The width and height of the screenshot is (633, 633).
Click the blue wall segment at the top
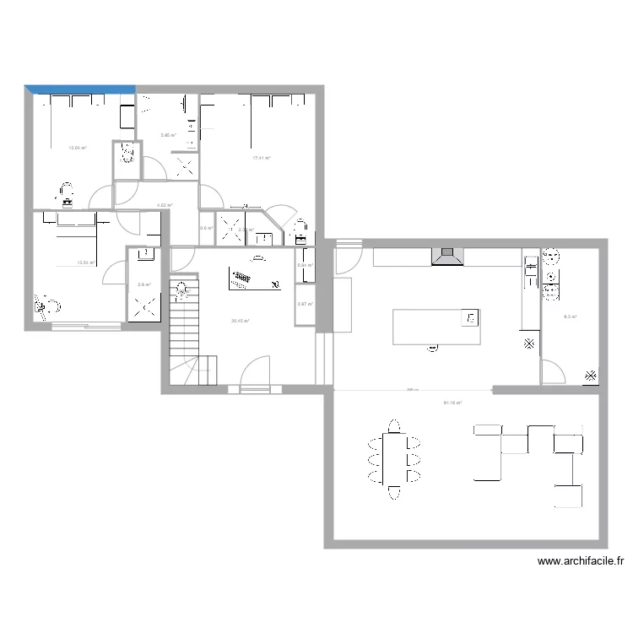coord(80,88)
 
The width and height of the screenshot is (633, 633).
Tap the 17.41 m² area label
coord(262,158)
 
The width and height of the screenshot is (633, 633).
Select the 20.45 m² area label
coord(241,321)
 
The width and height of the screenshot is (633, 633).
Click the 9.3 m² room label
coord(570,316)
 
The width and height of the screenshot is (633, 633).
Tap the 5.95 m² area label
coord(168,135)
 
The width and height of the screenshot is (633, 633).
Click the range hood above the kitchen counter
coord(447,257)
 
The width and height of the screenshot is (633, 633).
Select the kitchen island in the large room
coord(436,327)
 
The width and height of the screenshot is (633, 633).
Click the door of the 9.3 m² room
coord(553,370)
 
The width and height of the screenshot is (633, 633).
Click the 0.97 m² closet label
coord(305,304)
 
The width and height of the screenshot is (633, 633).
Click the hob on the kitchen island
coord(469,317)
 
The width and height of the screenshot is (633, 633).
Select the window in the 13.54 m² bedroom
coord(86,325)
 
